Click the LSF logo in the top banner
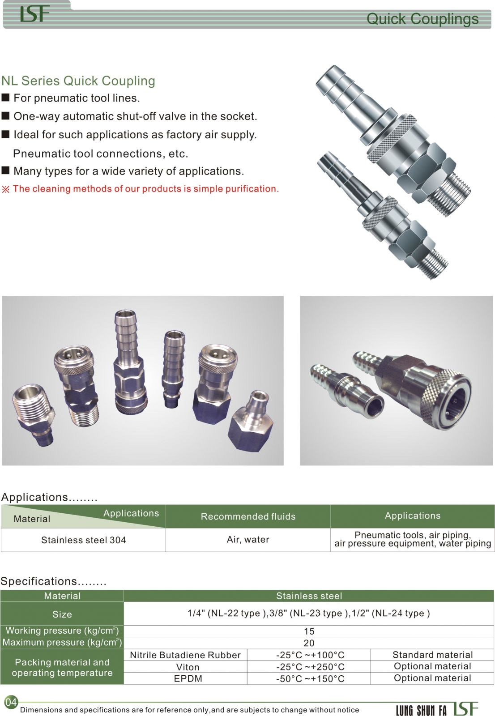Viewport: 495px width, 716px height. point(34,14)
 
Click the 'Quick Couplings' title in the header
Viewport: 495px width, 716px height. point(422,19)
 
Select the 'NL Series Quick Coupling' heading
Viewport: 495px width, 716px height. point(78,81)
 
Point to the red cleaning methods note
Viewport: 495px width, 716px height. point(141,189)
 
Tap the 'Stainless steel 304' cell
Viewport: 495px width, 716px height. point(83,540)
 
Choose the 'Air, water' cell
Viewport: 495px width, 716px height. point(248,540)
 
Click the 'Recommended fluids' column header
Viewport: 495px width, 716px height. point(248,516)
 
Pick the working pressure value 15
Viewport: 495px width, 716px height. point(309,631)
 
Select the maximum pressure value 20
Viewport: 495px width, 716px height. point(309,643)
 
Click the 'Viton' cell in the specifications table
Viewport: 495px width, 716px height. point(188,667)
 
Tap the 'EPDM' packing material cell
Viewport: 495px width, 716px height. point(188,678)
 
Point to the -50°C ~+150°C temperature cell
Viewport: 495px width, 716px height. point(310,678)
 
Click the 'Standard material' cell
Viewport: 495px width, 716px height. point(433,655)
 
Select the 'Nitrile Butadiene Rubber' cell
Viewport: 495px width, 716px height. point(185,655)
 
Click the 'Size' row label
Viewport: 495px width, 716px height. point(62,614)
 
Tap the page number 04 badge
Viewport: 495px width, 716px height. point(11,702)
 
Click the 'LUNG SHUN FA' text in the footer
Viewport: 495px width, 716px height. point(421,710)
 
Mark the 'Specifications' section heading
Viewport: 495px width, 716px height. point(53,581)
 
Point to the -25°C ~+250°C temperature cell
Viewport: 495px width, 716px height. point(310,667)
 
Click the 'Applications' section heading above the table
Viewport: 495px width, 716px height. point(49,497)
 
